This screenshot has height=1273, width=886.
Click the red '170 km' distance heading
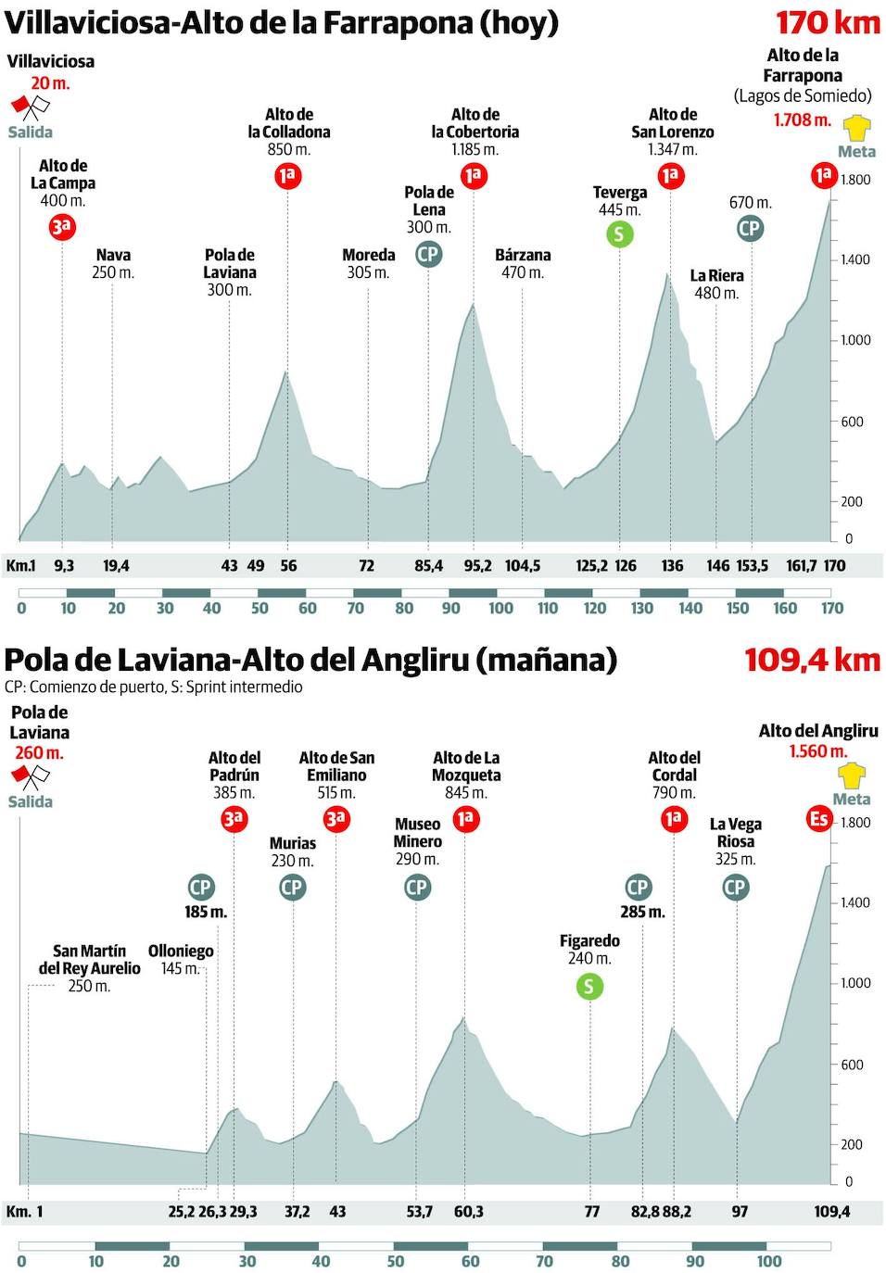828,22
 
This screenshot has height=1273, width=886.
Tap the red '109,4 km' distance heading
812,660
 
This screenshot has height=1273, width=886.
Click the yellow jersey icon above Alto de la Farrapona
857,126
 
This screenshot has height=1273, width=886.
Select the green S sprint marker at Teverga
619,233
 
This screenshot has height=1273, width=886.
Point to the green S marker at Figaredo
589,986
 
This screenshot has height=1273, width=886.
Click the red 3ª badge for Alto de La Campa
61,227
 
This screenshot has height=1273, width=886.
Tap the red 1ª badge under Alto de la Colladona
287,175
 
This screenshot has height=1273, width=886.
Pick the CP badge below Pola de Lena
428,254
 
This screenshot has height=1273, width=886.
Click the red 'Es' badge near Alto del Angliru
819,818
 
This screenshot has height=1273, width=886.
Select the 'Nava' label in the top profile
113,255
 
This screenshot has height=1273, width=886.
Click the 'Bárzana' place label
523,255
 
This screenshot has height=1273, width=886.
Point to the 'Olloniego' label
181,951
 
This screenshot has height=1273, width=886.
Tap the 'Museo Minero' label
417,832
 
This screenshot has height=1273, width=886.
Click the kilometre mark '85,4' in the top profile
428,565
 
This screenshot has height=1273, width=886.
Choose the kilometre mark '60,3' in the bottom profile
469,1211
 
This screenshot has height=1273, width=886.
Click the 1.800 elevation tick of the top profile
855,180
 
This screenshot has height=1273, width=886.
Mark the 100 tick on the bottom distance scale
769,1261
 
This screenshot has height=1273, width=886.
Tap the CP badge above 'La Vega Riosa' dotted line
734,888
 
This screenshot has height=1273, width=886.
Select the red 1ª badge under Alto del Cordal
674,819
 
